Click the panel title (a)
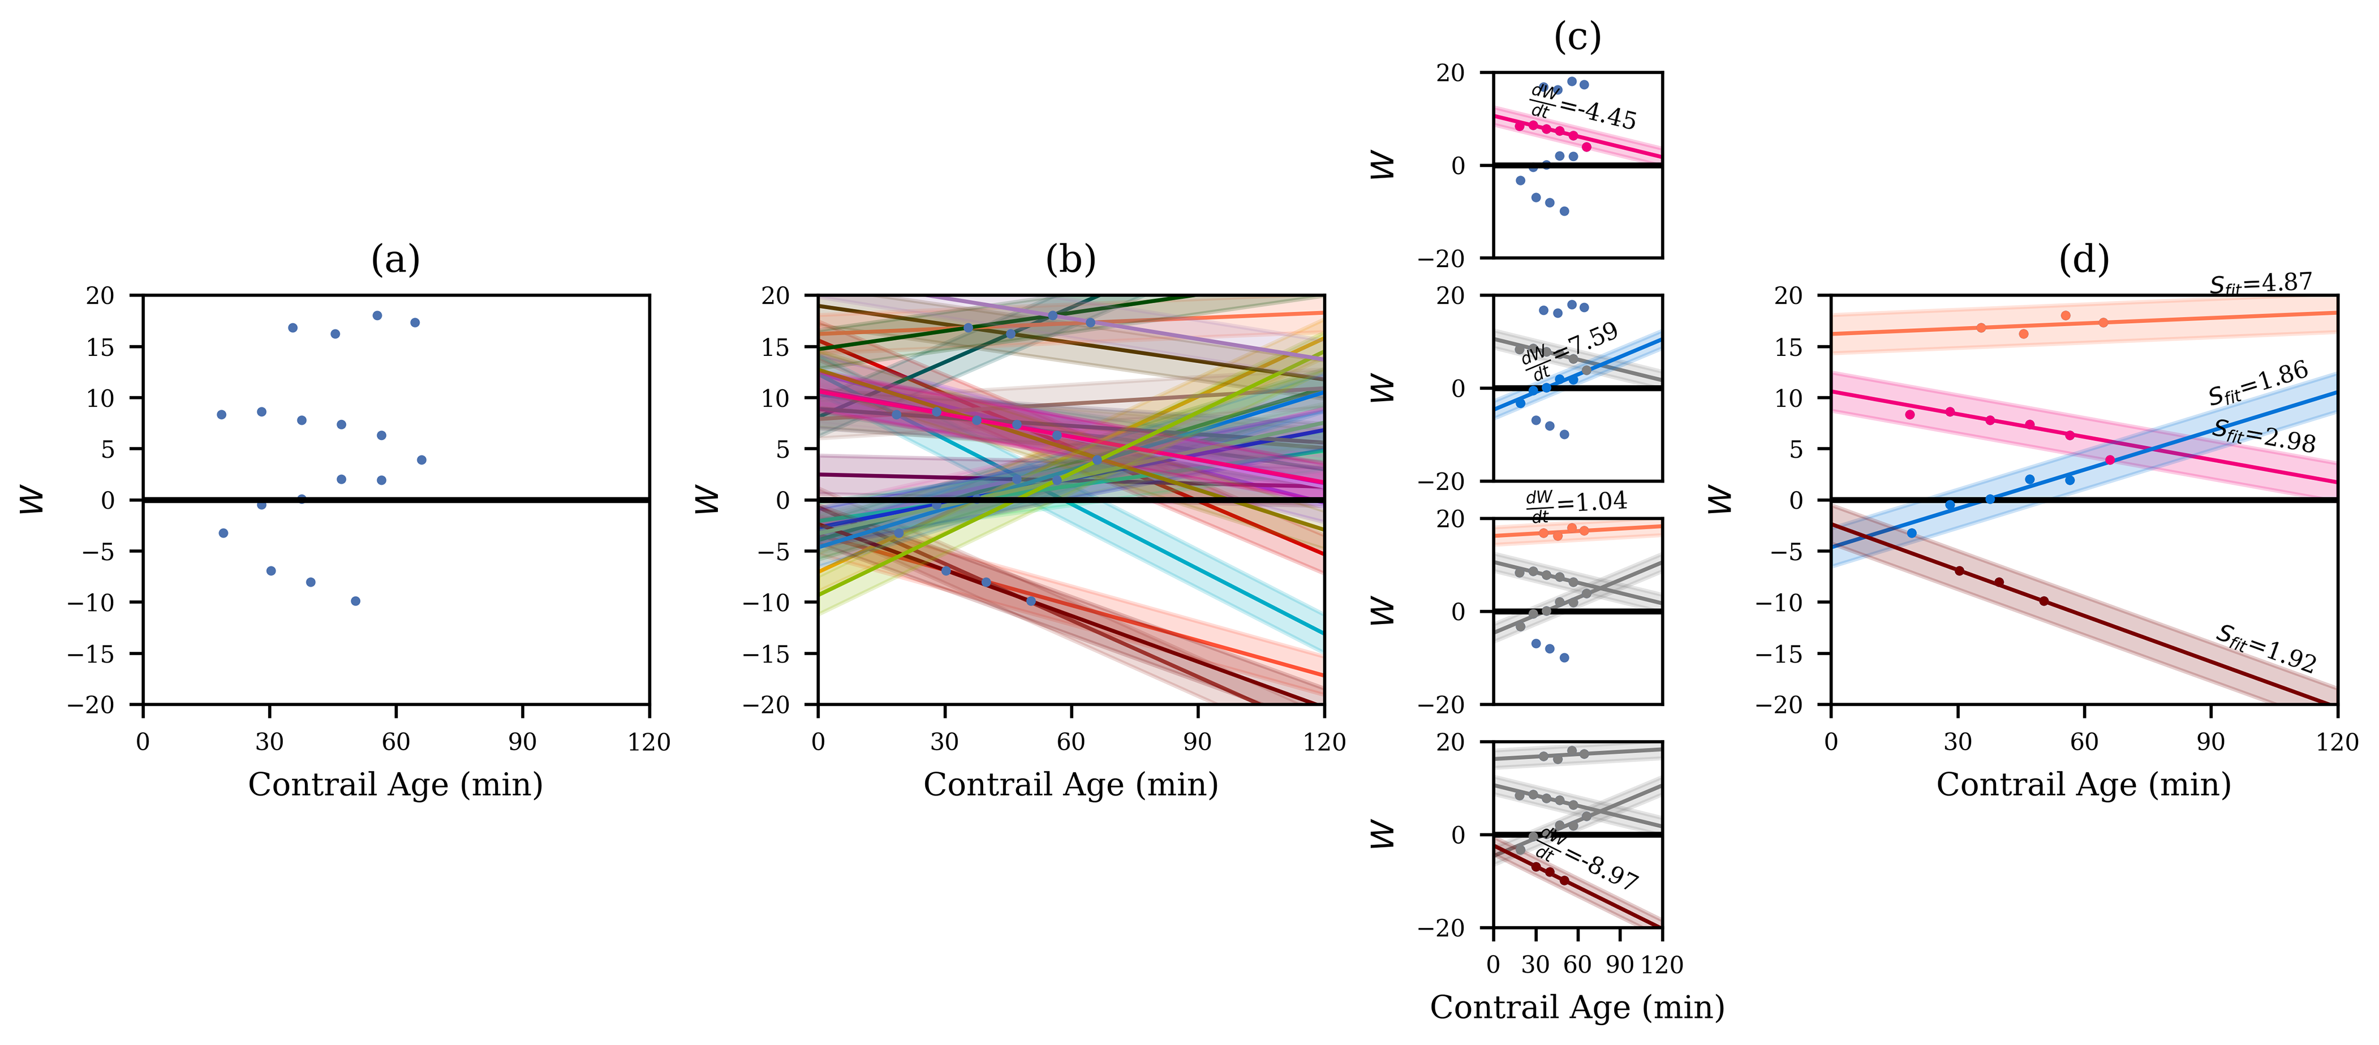[x=395, y=261]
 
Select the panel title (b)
[x=1070, y=261]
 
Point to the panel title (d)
[x=2084, y=261]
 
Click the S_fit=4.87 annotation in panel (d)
[x=2261, y=283]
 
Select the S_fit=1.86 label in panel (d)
[x=2258, y=384]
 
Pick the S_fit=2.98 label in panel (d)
[x=2264, y=435]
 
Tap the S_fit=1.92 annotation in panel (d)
[x=2265, y=648]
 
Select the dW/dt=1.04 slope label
[x=1576, y=504]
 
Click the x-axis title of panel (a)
[x=395, y=784]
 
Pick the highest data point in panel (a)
[x=377, y=315]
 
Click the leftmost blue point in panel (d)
[x=1912, y=533]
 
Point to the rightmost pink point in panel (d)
[x=2109, y=459]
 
